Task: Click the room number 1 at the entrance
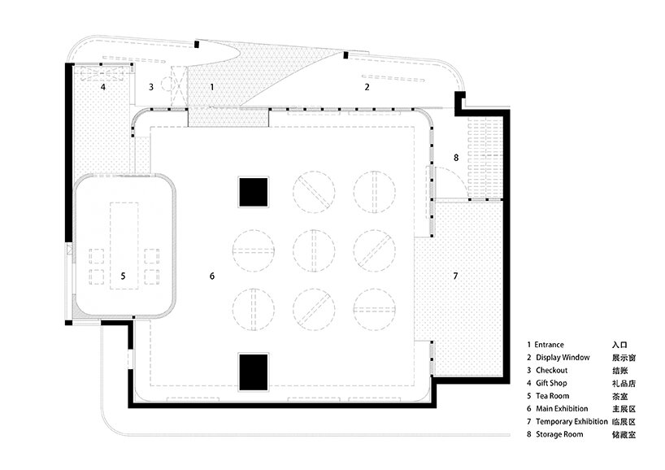tap(212, 86)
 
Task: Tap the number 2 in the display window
tap(367, 86)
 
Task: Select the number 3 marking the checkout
tap(151, 86)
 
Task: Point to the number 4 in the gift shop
tap(103, 86)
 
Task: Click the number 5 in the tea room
tap(123, 276)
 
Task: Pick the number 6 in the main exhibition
tap(212, 276)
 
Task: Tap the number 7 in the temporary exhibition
tap(455, 276)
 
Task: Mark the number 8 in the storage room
tap(456, 158)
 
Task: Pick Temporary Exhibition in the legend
tap(572, 422)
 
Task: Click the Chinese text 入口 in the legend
tap(619, 345)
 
